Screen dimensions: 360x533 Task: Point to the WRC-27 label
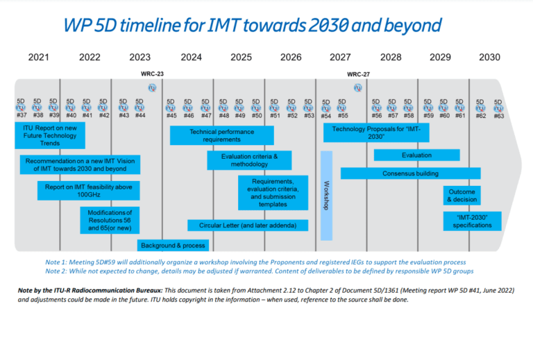tap(359, 74)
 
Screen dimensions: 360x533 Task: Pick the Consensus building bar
tap(410, 173)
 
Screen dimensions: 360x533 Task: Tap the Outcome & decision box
tap(463, 195)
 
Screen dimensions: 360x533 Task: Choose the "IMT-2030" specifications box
tap(472, 221)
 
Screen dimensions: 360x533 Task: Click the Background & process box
tap(173, 246)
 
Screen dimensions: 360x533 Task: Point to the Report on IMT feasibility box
tap(89, 191)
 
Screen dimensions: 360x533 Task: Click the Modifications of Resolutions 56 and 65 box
tap(110, 220)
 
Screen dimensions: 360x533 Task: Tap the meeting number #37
tap(22, 115)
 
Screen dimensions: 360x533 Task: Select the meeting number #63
tap(498, 115)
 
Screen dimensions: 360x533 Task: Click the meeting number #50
tap(257, 115)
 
